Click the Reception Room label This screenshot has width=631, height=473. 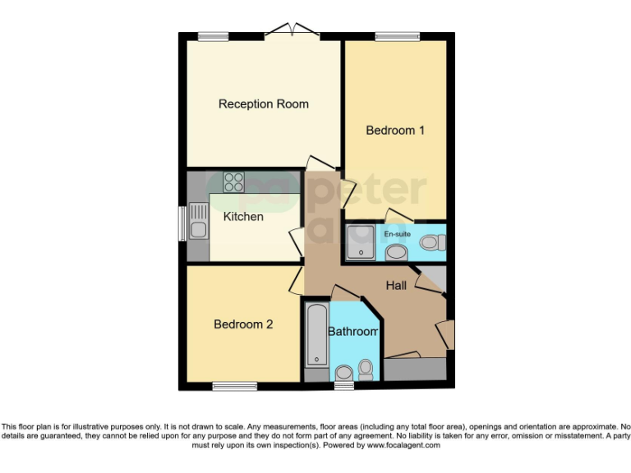(x=263, y=104)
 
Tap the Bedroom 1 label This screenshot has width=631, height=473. (x=395, y=131)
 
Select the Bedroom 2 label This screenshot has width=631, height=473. (x=243, y=324)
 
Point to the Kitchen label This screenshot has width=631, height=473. (x=244, y=217)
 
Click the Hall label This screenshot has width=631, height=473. (x=400, y=285)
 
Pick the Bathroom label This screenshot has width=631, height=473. (x=352, y=332)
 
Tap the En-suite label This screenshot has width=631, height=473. (x=398, y=234)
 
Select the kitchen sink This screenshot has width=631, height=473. (x=198, y=220)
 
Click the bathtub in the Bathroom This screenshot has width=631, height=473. (x=316, y=335)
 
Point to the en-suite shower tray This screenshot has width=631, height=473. (x=362, y=242)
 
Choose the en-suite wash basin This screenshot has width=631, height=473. (x=396, y=251)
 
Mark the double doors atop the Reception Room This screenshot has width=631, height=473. (x=292, y=32)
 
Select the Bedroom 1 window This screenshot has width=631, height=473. (x=397, y=35)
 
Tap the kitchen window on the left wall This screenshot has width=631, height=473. (x=182, y=222)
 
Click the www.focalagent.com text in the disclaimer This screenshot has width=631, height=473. (x=404, y=446)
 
